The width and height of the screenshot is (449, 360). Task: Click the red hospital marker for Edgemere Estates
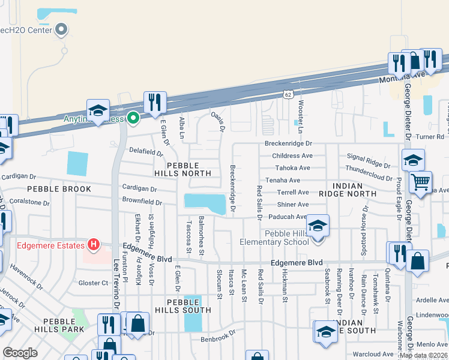point(93,245)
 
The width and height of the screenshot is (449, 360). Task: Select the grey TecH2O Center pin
point(61,29)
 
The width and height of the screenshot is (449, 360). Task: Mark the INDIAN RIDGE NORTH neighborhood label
point(348,190)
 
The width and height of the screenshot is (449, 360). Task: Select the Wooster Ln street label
point(301,112)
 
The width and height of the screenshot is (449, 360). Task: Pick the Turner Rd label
point(432,137)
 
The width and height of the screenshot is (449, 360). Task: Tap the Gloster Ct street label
point(93,282)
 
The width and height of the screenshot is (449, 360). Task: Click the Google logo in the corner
point(20,353)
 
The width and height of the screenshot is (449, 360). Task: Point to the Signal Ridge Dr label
point(370,164)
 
